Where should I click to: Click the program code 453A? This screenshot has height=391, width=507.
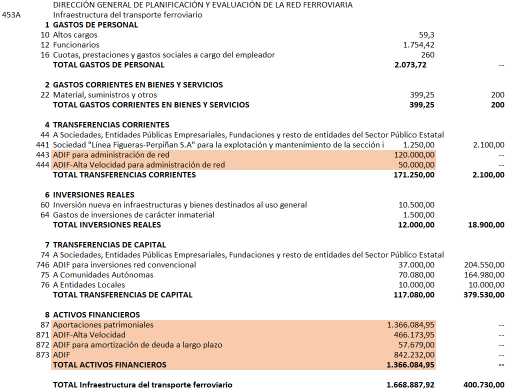point(11,15)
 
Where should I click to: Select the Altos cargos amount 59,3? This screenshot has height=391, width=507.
point(426,35)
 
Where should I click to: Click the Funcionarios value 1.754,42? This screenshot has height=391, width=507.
point(418,45)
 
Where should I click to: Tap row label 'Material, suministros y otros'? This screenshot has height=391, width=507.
point(105,95)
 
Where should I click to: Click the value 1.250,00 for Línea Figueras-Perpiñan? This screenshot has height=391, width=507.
point(418,145)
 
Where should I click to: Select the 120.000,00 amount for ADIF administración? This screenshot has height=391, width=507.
point(414,155)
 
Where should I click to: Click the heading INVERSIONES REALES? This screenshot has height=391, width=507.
point(93,195)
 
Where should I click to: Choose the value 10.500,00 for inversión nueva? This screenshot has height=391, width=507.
point(416,205)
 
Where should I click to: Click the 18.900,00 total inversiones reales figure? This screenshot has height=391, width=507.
point(484,225)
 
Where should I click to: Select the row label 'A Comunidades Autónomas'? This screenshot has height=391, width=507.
point(103,275)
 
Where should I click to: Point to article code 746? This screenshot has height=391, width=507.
point(43,265)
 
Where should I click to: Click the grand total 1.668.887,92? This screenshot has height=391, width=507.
point(410,385)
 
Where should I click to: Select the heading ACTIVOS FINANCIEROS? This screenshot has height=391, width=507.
point(96,315)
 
